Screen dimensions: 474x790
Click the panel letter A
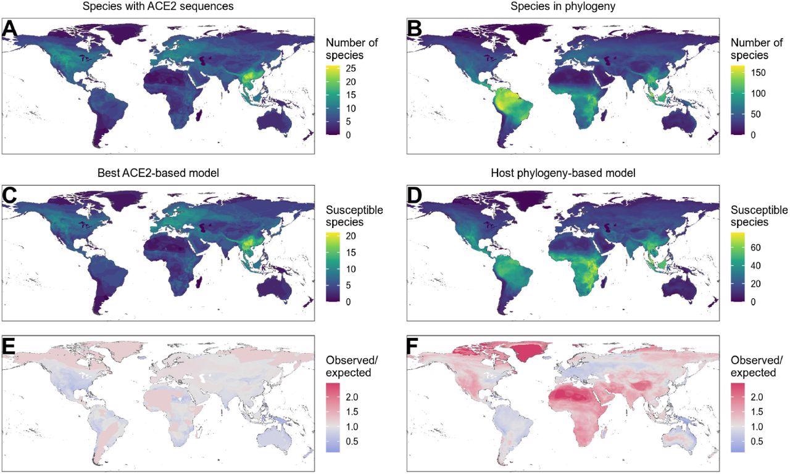coord(10,29)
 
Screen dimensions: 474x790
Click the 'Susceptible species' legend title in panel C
coord(354,216)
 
